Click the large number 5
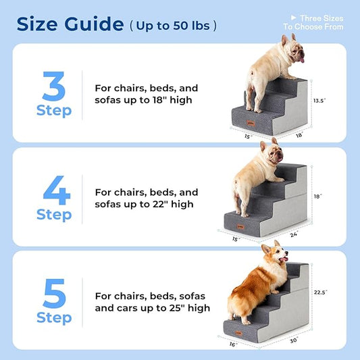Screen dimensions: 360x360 [54, 293]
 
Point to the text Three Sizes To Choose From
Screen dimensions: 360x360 [314, 22]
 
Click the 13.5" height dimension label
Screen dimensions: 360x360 [319, 101]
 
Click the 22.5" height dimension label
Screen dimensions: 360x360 [319, 292]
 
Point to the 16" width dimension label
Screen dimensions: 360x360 [233, 344]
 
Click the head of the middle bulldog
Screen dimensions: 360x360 [271, 155]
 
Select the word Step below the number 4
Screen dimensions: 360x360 [54, 215]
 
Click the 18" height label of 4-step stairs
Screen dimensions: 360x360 [317, 197]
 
